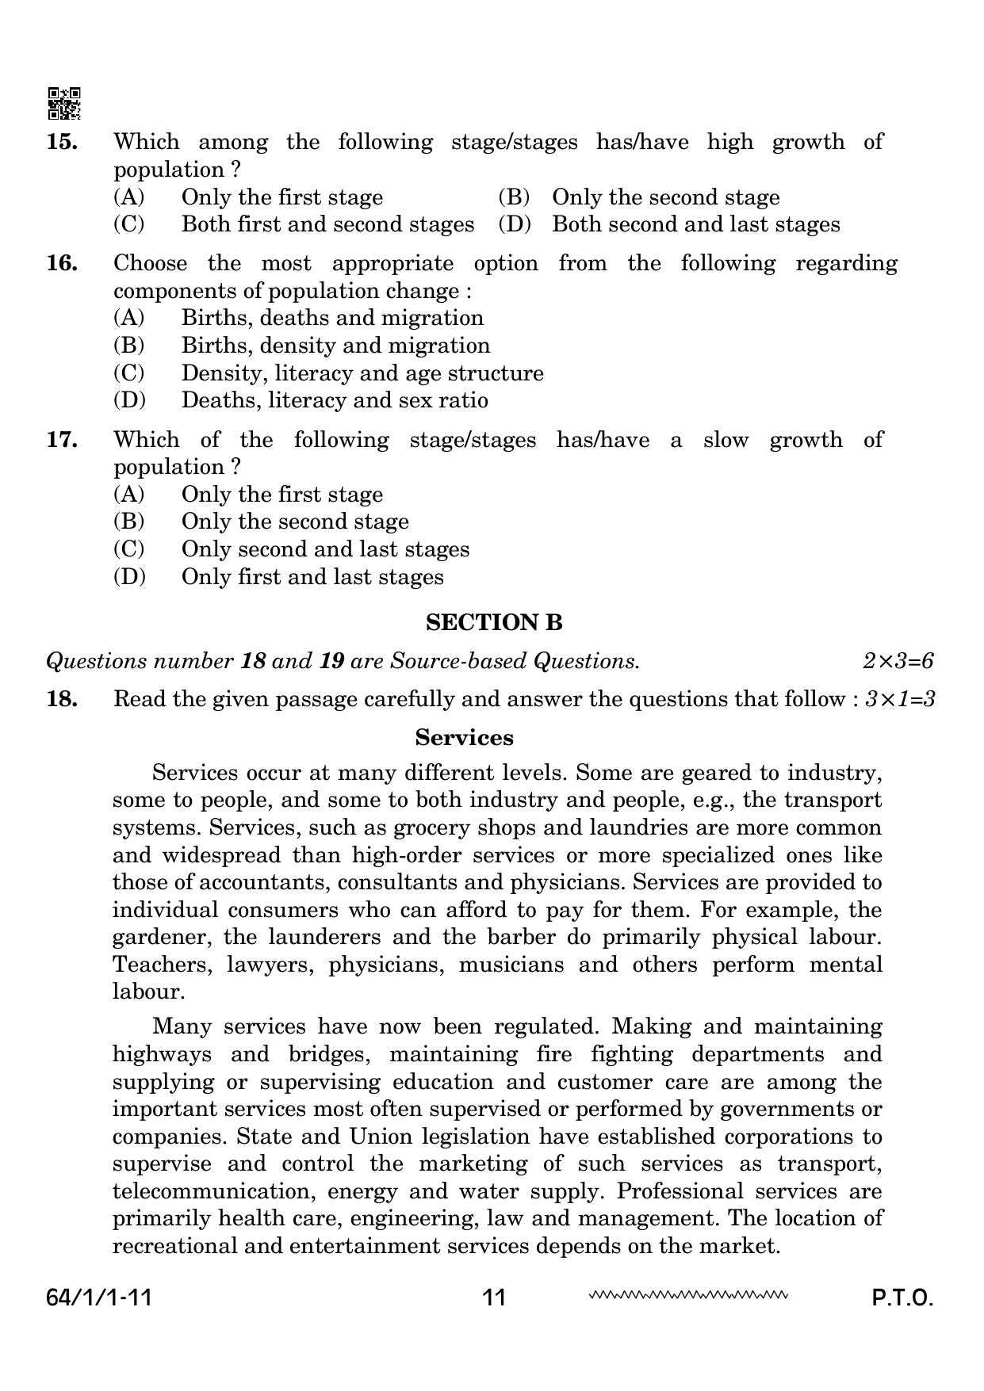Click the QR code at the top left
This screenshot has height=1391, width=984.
pos(64,103)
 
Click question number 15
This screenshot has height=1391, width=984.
pos(62,142)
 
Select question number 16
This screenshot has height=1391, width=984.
pos(62,263)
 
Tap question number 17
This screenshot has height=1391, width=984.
pos(62,440)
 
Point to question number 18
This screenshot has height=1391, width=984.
pos(62,699)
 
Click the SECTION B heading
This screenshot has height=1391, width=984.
pos(494,623)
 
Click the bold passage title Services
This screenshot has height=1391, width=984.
pos(464,738)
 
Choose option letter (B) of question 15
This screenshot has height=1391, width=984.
pos(514,197)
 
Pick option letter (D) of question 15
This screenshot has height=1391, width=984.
pos(514,224)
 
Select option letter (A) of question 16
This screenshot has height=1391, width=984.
pos(128,318)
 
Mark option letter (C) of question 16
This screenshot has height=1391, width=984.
pos(128,373)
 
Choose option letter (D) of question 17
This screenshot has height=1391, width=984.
pos(129,577)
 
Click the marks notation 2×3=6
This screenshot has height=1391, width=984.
pos(898,661)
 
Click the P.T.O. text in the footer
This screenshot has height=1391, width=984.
pos(902,1298)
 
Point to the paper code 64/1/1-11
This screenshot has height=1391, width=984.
pos(99,1298)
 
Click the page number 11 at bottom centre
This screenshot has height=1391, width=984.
pos(493,1298)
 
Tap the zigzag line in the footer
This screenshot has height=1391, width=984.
pos(688,1297)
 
